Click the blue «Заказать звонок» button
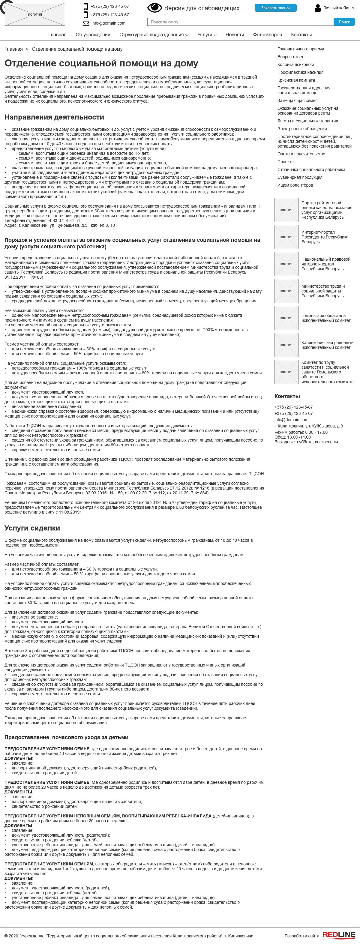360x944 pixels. point(275,8)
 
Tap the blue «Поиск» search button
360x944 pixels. point(344,22)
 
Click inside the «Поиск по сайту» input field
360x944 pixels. point(240,22)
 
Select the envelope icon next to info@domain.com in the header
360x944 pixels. point(86,23)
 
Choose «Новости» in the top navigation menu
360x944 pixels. point(235,34)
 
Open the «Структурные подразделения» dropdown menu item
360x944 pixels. point(154,34)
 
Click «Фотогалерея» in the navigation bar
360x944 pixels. point(267,34)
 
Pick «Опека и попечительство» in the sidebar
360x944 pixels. point(301,154)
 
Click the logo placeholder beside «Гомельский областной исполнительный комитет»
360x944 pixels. point(286,318)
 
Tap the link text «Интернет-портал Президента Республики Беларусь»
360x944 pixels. point(324,237)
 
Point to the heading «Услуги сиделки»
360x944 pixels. point(32,528)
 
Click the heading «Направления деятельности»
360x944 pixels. point(54,117)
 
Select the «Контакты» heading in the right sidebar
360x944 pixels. point(287,396)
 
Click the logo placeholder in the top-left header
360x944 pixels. point(35,14)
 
